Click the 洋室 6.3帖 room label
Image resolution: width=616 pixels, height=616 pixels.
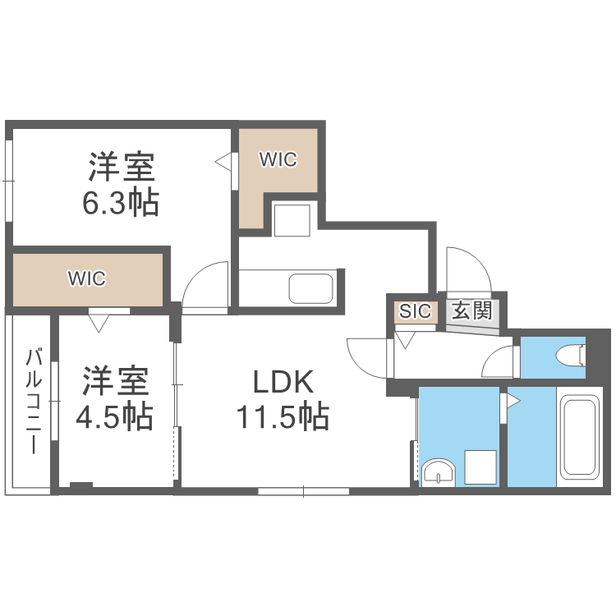(122, 184)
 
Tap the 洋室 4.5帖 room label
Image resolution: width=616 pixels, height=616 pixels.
(115, 400)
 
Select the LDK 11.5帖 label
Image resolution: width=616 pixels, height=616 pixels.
(283, 400)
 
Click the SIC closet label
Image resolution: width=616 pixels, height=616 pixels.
(413, 311)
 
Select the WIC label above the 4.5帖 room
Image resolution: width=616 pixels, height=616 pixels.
(87, 278)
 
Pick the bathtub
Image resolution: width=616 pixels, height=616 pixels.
(580, 439)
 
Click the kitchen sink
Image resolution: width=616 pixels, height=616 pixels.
(310, 288)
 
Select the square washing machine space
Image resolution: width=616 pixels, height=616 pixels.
(480, 466)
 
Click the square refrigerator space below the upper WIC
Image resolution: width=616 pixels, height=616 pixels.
(292, 219)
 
